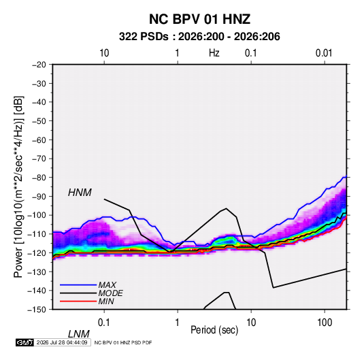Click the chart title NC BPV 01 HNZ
pyautogui.click(x=199, y=19)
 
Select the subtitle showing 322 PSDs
pyautogui.click(x=199, y=37)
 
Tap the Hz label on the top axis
pyautogui.click(x=214, y=53)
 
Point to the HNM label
pyautogui.click(x=80, y=193)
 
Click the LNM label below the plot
pyautogui.click(x=79, y=334)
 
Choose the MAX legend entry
pyautogui.click(x=107, y=284)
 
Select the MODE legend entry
pyautogui.click(x=110, y=293)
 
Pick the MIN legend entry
pyautogui.click(x=106, y=301)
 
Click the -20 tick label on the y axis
pyautogui.click(x=39, y=65)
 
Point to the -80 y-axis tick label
pyautogui.click(x=39, y=178)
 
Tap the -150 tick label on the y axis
pyautogui.click(x=37, y=310)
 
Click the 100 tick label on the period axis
pyautogui.click(x=325, y=323)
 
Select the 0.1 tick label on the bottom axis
pyautogui.click(x=104, y=323)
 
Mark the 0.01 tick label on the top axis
pyautogui.click(x=324, y=53)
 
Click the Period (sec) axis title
pyautogui.click(x=214, y=330)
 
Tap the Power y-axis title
pyautogui.click(x=18, y=186)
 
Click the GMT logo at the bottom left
pyautogui.click(x=24, y=342)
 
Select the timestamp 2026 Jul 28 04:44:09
pyautogui.click(x=62, y=342)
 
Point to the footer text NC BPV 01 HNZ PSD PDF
pyautogui.click(x=123, y=342)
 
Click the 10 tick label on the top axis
pyautogui.click(x=104, y=53)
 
